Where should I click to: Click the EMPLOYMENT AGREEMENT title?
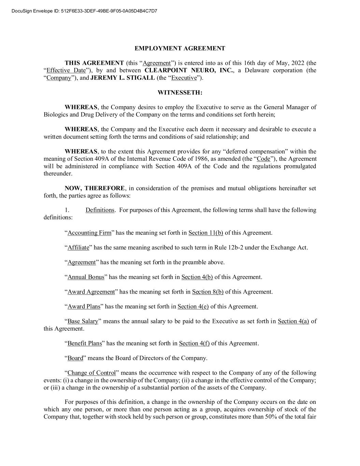pyautogui.click(x=180, y=48)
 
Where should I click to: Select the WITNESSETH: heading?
pyautogui.click(x=180, y=93)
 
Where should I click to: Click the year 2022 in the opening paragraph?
pyautogui.click(x=298, y=63)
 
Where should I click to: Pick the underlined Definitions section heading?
pyautogui.click(x=100, y=210)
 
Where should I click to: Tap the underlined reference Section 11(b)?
pyautogui.click(x=206, y=233)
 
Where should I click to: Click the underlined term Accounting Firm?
pyautogui.click(x=89, y=233)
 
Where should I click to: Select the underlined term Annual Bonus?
pyautogui.click(x=86, y=277)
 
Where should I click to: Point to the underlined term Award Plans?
pyautogui.click(x=84, y=306)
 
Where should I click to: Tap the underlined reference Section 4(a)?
pyautogui.click(x=293, y=321)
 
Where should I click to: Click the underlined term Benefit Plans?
pyautogui.click(x=85, y=343)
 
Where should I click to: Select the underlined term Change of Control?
pyautogui.click(x=92, y=373)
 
